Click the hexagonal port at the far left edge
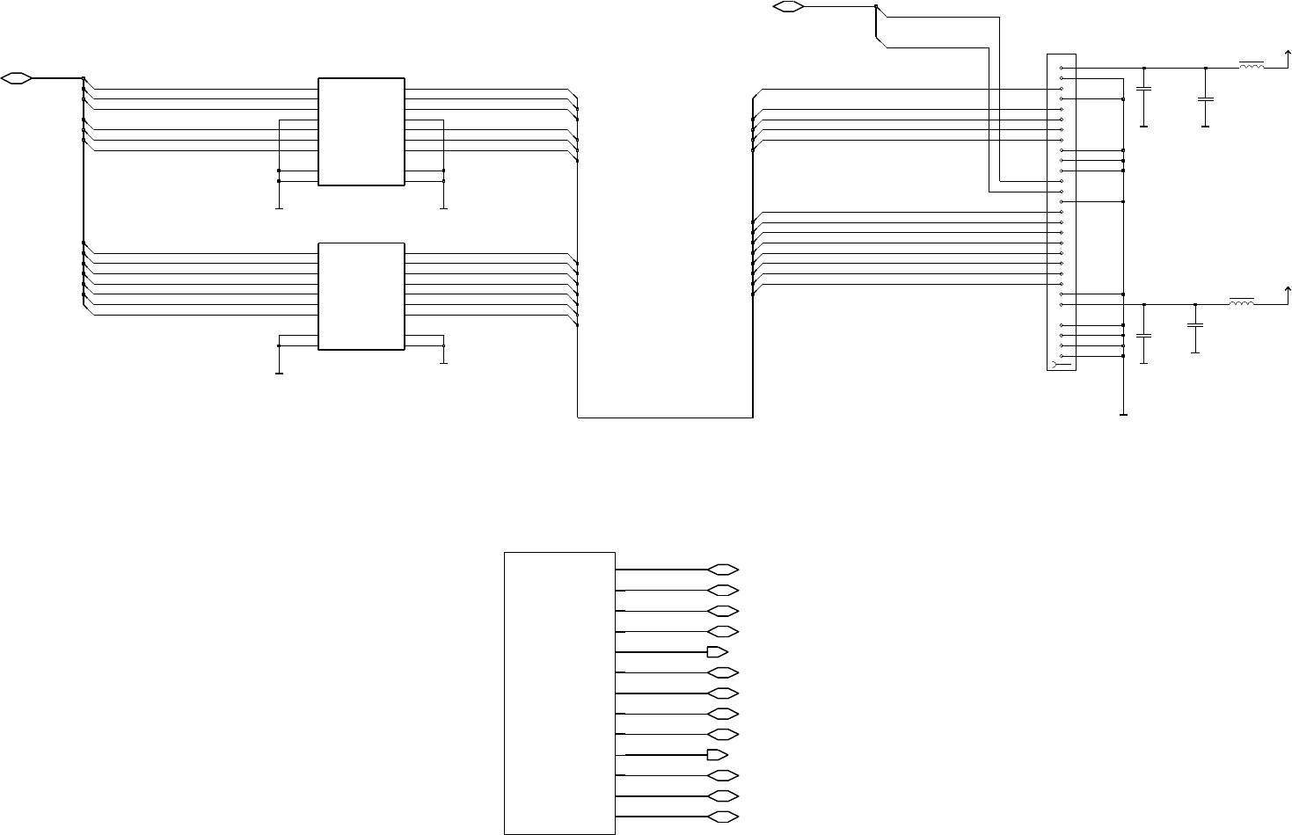pos(17,78)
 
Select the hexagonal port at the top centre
pos(787,7)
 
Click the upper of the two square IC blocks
pos(361,132)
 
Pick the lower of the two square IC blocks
pos(361,296)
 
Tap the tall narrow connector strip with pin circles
pos(1062,212)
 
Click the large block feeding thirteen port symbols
pos(558,693)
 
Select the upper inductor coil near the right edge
pos(1252,66)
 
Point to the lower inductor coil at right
pos(1241,303)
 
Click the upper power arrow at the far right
pos(1288,57)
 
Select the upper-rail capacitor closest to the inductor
pos(1205,99)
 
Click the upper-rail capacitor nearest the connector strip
pos(1143,90)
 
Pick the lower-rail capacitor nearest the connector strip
pos(1143,336)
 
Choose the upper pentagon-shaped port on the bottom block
pos(717,652)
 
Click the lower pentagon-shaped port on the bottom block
pos(717,754)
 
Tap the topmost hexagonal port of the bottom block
pos(722,570)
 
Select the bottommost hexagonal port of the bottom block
pos(722,817)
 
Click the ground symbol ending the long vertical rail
pos(1124,413)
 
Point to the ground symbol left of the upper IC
pos(279,207)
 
